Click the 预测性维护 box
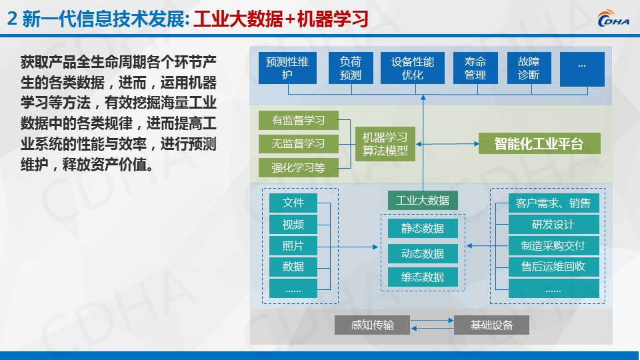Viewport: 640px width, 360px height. tap(287, 68)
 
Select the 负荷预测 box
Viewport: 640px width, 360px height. tap(351, 68)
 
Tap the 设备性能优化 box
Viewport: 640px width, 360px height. tap(412, 68)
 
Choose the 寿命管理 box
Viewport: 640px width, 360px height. tap(475, 68)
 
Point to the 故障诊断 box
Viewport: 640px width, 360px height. tap(529, 68)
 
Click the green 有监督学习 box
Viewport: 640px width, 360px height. tap(299, 120)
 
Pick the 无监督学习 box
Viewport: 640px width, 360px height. tap(299, 144)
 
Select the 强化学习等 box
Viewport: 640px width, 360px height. tap(299, 167)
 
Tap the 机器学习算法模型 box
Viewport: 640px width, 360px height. tap(385, 144)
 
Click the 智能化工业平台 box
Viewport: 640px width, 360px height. tap(539, 143)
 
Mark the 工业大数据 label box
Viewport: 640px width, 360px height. tap(423, 201)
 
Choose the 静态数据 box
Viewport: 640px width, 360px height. tap(423, 228)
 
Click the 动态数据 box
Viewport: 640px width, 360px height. tap(423, 253)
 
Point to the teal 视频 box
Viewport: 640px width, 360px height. tap(293, 225)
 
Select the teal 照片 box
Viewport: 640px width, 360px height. tap(293, 246)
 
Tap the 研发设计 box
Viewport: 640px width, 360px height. tap(553, 225)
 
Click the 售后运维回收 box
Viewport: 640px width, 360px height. tap(553, 267)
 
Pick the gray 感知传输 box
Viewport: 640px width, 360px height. tap(372, 325)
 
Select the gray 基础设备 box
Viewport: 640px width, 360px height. tap(491, 325)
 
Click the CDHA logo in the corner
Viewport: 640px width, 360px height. tap(613, 18)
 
